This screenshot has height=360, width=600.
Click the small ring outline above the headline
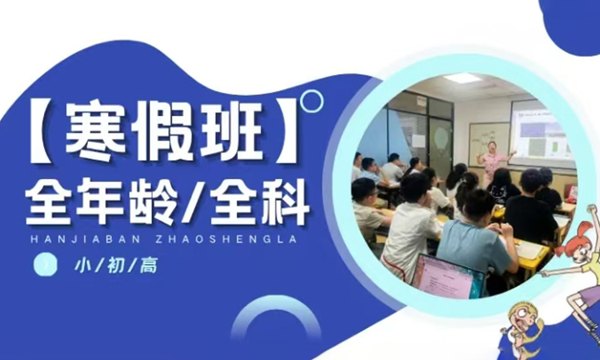coord(311,101)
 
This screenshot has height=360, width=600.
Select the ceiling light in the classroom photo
coord(463,78)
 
